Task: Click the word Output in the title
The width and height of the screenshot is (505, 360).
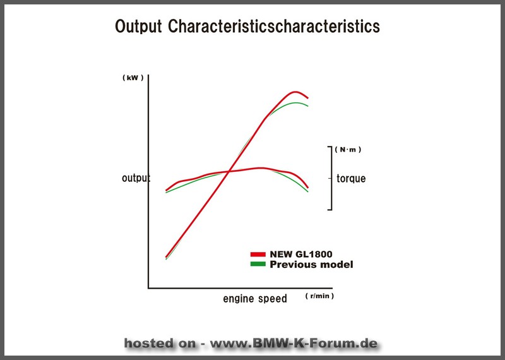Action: pyautogui.click(x=138, y=26)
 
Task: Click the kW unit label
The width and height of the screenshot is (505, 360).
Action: pyautogui.click(x=133, y=78)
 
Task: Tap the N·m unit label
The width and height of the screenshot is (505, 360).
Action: pyautogui.click(x=348, y=150)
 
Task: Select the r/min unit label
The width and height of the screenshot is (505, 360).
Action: pyautogui.click(x=319, y=296)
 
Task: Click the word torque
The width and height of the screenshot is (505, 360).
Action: pyautogui.click(x=351, y=178)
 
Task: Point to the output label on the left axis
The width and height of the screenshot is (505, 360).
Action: pyautogui.click(x=136, y=178)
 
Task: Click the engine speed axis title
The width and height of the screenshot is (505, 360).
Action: pyautogui.click(x=255, y=299)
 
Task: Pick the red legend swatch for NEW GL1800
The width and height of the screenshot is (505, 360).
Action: pyautogui.click(x=258, y=255)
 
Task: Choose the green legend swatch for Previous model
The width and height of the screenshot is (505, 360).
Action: pyautogui.click(x=258, y=264)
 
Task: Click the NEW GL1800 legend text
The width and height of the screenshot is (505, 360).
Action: pyautogui.click(x=301, y=255)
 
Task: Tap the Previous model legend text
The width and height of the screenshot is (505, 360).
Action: pyautogui.click(x=311, y=265)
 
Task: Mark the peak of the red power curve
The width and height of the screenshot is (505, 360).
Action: pyautogui.click(x=295, y=92)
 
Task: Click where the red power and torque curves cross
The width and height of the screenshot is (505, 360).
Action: pyautogui.click(x=229, y=171)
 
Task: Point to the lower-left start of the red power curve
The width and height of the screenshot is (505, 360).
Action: pyautogui.click(x=166, y=257)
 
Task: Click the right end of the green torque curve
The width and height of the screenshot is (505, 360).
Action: pyautogui.click(x=308, y=192)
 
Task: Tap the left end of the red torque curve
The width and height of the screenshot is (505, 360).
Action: pyautogui.click(x=166, y=191)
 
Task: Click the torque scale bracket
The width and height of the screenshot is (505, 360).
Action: pyautogui.click(x=331, y=178)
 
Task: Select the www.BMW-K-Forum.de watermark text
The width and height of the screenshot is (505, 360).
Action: pyautogui.click(x=294, y=343)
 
